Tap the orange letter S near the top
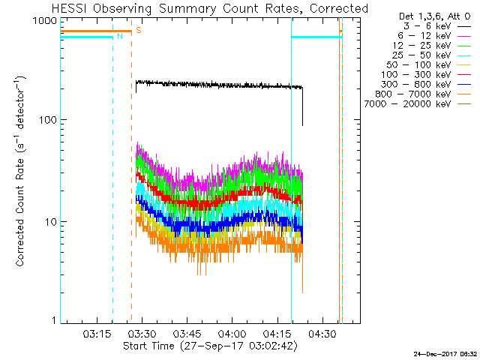tap(139, 31)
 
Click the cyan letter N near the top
tap(119, 36)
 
